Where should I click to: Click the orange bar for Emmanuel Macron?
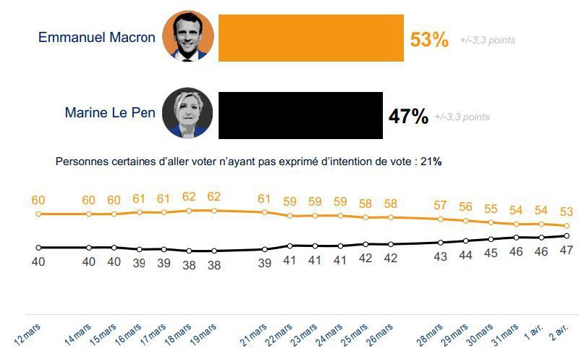coord(310,38)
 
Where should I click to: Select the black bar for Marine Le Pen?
coord(300,114)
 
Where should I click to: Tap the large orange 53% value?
coord(429,39)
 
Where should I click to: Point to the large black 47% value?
coord(408,116)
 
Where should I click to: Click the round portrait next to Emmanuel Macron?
coord(188,37)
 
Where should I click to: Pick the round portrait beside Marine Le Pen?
coord(187,113)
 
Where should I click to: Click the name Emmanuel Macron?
coord(97,37)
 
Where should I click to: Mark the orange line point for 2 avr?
coord(567,226)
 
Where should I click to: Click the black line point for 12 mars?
coord(38,247)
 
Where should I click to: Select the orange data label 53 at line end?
coord(567,212)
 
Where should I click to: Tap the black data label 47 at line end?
coord(567,250)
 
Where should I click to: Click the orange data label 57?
coord(440,204)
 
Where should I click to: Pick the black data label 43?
coord(440,256)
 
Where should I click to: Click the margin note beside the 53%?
coord(488,41)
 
